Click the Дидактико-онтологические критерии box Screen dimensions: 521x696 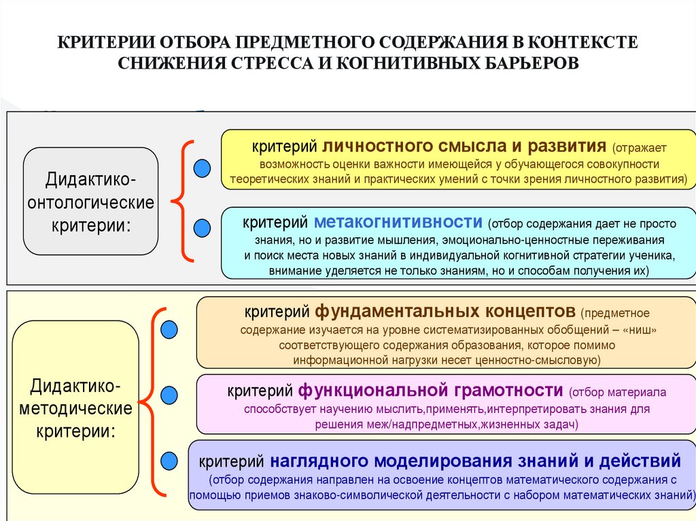(x=90, y=201)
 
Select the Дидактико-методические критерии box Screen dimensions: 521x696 (x=75, y=407)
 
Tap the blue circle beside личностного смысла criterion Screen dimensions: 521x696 (x=202, y=168)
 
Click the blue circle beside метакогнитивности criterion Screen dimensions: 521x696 (x=202, y=228)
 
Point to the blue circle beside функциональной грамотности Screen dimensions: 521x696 (x=169, y=394)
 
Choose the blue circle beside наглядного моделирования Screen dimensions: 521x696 (x=169, y=460)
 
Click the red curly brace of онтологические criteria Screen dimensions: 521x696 (x=181, y=200)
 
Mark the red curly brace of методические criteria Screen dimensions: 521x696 (x=152, y=401)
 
